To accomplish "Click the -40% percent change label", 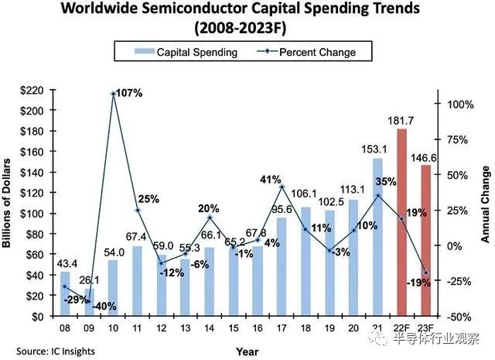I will [x=104, y=306].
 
